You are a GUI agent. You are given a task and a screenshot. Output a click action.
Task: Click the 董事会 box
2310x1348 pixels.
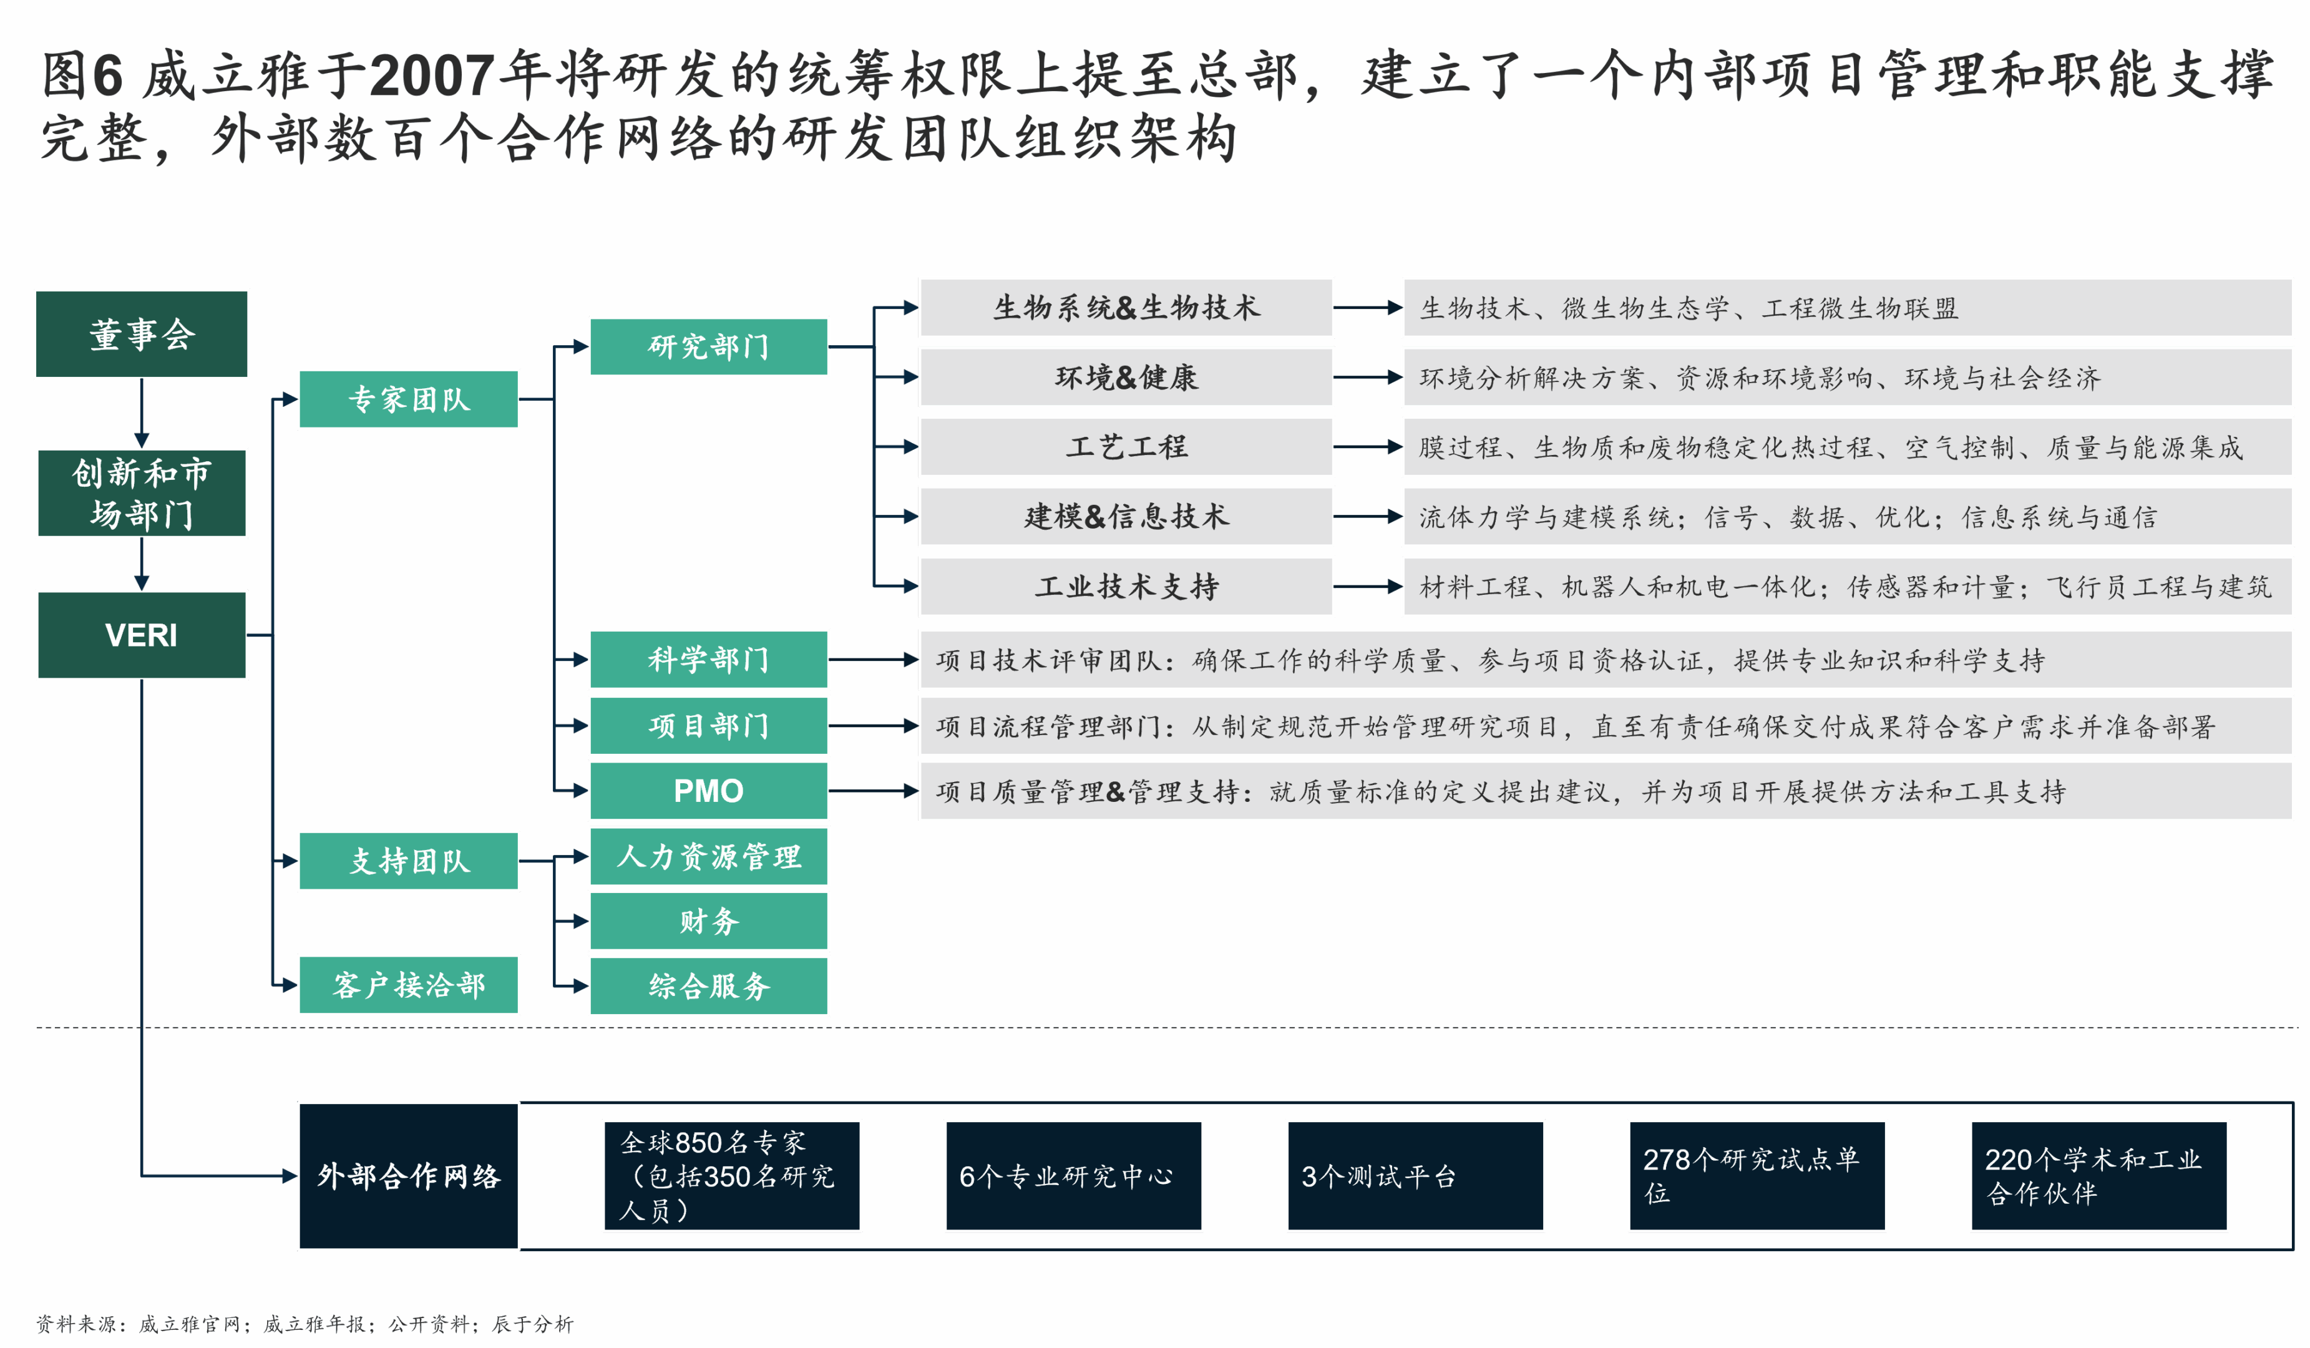tap(141, 334)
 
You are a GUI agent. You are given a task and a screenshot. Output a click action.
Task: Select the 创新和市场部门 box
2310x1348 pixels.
tap(141, 494)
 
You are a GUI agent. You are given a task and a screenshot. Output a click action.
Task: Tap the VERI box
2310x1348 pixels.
tap(141, 635)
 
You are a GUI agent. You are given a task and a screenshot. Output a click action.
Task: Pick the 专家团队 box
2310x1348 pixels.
tap(409, 399)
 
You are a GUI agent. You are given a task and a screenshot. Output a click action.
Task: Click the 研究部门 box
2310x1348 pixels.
tap(709, 346)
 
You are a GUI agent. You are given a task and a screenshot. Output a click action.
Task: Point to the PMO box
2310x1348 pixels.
tap(709, 791)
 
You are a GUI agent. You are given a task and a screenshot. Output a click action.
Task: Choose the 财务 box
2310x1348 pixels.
tap(709, 921)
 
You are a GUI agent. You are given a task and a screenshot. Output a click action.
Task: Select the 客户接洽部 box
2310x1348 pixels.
tap(409, 985)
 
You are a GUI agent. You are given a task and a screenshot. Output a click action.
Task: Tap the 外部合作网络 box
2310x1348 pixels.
tap(409, 1176)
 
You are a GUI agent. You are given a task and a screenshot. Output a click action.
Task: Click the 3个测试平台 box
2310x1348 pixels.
tap(1415, 1176)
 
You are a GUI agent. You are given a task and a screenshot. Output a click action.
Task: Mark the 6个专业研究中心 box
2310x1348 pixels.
tap(1073, 1176)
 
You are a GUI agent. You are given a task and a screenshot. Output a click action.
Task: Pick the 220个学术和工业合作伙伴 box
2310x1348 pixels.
tap(2098, 1176)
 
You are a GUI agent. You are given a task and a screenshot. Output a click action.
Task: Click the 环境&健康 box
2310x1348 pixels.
tap(1126, 377)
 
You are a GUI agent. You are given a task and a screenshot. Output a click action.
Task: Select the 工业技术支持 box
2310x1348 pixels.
tap(1126, 586)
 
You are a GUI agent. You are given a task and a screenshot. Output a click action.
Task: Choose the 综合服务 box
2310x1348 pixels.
tap(709, 986)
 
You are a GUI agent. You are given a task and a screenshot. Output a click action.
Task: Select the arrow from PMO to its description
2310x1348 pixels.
tap(873, 791)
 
